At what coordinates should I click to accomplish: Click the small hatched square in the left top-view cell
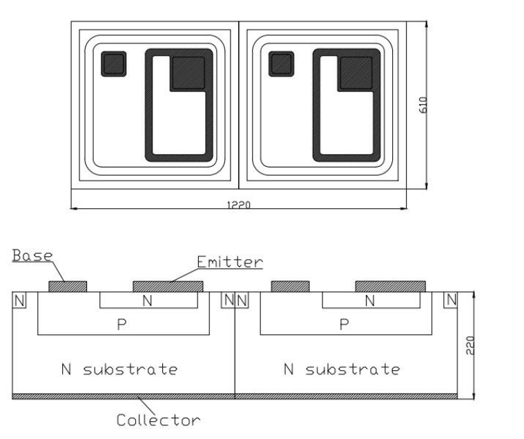113,64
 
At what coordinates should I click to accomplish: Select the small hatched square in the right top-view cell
281,64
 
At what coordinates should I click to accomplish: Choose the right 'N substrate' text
342,369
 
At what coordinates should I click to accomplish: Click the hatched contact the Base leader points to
67,286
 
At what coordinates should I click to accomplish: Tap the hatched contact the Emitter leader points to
168,286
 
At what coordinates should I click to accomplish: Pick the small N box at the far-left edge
19,300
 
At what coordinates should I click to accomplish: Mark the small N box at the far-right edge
452,300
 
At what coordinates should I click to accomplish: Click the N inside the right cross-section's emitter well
370,300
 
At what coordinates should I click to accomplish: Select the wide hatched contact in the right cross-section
390,286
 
